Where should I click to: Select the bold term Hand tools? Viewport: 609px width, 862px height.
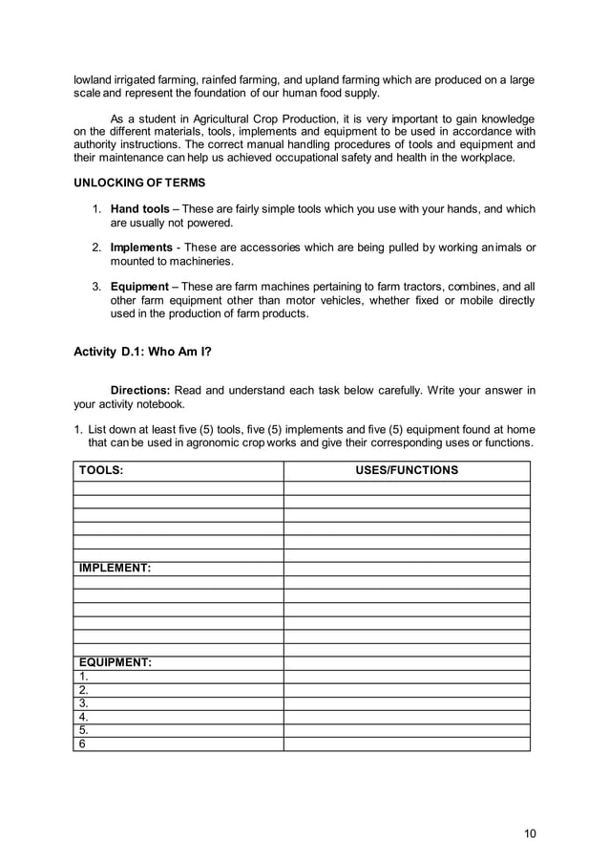click(x=140, y=209)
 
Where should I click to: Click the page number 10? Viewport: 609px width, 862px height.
click(x=530, y=833)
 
